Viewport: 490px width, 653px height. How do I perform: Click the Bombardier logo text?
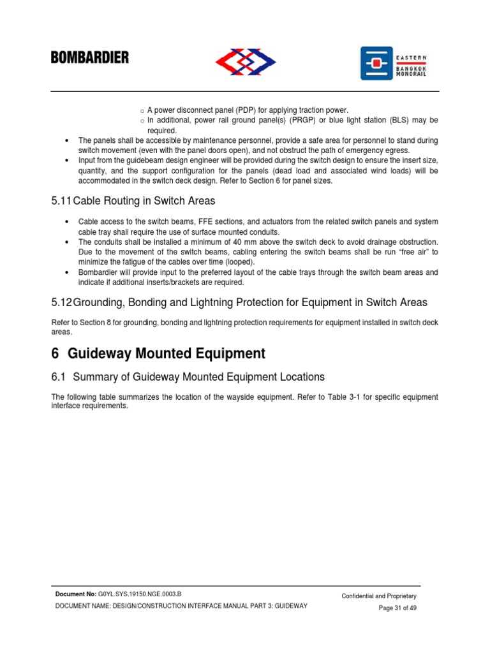tap(90, 58)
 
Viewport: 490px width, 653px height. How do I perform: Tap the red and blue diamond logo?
tap(245, 62)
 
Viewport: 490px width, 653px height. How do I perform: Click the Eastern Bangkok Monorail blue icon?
tap(376, 63)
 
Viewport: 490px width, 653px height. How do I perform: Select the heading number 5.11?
tap(62, 201)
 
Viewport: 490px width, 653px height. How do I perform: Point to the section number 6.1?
tap(59, 377)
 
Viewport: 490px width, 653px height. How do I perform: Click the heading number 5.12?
tap(62, 302)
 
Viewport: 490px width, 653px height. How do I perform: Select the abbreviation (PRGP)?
tap(301, 121)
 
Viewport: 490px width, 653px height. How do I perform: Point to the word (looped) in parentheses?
tap(238, 262)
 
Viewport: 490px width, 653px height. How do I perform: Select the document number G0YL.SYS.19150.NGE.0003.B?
tap(140, 594)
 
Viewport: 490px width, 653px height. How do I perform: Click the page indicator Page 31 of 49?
tap(397, 608)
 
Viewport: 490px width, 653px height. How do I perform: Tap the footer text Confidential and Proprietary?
tap(379, 596)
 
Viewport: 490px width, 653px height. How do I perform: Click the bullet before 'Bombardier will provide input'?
tap(68, 272)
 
